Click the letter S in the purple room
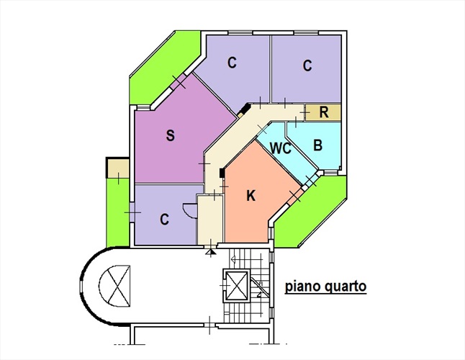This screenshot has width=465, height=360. [170, 135]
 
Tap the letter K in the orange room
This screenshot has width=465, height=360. [251, 195]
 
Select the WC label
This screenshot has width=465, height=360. [281, 149]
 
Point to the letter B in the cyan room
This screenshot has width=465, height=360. [317, 144]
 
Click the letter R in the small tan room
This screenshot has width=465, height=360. [324, 112]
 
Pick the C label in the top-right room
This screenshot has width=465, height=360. [307, 66]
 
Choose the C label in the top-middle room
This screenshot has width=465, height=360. [232, 63]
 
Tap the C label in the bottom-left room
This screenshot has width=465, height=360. [164, 220]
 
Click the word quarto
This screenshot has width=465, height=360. [346, 286]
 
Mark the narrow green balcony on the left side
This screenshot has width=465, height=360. [116, 212]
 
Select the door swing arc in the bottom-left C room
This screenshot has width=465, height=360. [189, 211]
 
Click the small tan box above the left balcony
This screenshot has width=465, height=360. [115, 168]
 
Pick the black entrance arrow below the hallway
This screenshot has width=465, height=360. [210, 252]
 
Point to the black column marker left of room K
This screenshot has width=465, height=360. [222, 174]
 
